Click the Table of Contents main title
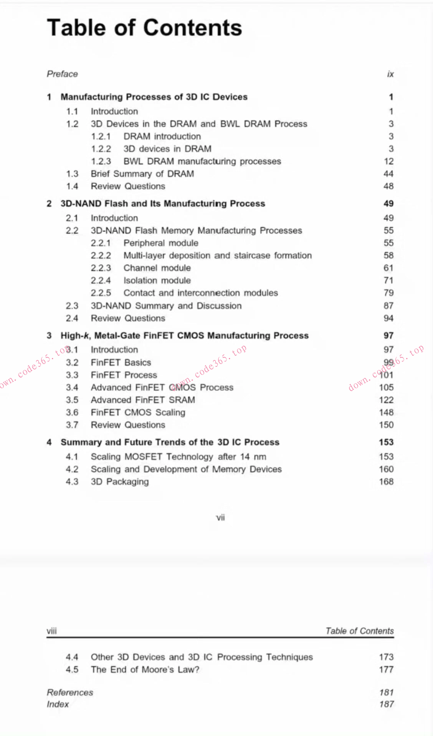coord(144,28)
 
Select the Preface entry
coord(62,74)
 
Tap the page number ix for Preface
coord(390,74)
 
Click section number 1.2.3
coord(101,161)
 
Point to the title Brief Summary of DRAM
coord(142,174)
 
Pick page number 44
coord(388,174)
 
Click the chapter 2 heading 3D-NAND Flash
coord(163,204)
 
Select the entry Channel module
coord(157,268)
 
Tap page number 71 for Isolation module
coord(388,281)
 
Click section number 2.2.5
coord(101,293)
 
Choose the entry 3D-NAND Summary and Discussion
coord(166,306)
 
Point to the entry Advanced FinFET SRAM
coord(143,400)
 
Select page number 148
coord(386,412)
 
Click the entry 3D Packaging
coord(120,482)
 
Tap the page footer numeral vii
coord(220,518)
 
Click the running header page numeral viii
coord(52,631)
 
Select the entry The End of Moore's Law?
coord(145,670)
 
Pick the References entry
coord(70,693)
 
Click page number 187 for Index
coord(386,704)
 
